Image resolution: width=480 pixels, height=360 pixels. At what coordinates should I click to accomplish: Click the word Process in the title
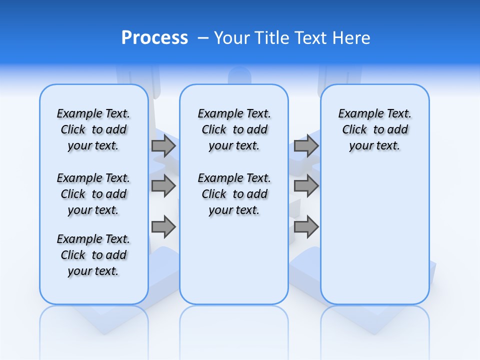pos(154,38)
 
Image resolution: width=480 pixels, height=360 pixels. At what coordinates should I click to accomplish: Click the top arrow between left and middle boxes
pos(163,146)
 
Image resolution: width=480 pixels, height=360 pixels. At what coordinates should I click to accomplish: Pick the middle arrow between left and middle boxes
pos(163,186)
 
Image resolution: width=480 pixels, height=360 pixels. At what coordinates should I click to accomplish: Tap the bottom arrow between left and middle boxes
pos(163,227)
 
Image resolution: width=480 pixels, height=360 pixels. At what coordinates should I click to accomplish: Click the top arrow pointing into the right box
pos(306,146)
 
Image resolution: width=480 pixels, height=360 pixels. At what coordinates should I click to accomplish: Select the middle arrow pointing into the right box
pos(306,186)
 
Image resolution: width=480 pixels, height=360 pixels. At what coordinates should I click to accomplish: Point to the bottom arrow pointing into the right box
pos(306,227)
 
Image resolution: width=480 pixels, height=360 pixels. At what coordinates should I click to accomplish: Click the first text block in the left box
pos(93,129)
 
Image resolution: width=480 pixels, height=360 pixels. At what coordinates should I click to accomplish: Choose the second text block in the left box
pos(93,194)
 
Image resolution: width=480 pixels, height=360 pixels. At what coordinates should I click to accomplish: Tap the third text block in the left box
pos(93,255)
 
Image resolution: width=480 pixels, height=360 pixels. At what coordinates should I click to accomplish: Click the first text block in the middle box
pos(234,129)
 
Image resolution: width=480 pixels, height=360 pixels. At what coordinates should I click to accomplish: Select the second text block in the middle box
pos(234,194)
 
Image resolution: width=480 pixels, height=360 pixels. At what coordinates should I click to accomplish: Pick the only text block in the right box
pos(374,129)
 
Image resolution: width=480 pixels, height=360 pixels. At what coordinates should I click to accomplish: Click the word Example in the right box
pos(356,114)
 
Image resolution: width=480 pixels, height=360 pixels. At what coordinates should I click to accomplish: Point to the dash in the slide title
pos(203,38)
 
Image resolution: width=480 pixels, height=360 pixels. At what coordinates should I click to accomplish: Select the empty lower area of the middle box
pos(234,260)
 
